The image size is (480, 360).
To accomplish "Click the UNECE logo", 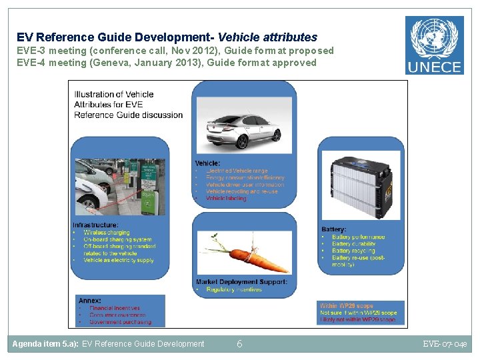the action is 434,45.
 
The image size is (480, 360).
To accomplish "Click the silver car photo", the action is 244,130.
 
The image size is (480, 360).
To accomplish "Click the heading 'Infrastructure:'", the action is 96,225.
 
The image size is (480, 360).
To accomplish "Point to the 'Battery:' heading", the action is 333,229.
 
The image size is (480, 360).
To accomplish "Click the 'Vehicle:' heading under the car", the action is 207,163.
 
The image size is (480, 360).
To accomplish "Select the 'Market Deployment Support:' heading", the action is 241,282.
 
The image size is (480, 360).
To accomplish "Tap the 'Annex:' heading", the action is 89,301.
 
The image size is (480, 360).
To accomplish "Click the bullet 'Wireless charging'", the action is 107,233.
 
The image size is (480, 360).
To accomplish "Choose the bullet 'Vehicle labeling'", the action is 226,198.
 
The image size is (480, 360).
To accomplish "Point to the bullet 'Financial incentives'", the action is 115,309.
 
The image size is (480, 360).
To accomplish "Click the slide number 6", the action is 239,344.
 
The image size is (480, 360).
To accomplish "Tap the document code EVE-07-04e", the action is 445,344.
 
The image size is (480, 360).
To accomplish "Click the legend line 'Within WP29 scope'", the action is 347,306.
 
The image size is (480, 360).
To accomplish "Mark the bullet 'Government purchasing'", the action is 120,322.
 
